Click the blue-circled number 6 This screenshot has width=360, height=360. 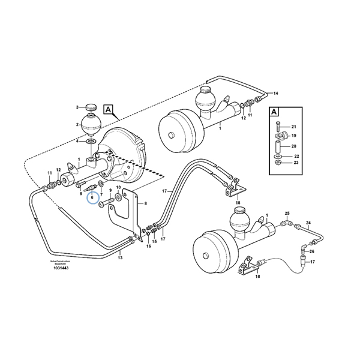(x=93, y=197)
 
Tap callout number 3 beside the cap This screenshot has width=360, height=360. (x=77, y=107)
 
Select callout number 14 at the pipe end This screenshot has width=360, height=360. (x=277, y=94)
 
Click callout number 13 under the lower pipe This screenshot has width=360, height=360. (x=120, y=257)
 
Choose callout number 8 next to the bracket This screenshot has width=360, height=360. (x=145, y=205)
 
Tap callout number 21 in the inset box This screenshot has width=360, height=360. (x=294, y=127)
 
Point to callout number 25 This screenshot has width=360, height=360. (x=287, y=214)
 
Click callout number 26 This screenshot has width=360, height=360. (x=312, y=251)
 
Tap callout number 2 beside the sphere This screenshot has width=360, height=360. (x=77, y=125)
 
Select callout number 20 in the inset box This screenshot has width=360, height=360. (x=294, y=146)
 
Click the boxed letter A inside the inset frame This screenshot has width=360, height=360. (x=274, y=112)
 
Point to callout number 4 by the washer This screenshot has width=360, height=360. (x=77, y=142)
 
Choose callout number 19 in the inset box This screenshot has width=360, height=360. (x=294, y=136)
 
